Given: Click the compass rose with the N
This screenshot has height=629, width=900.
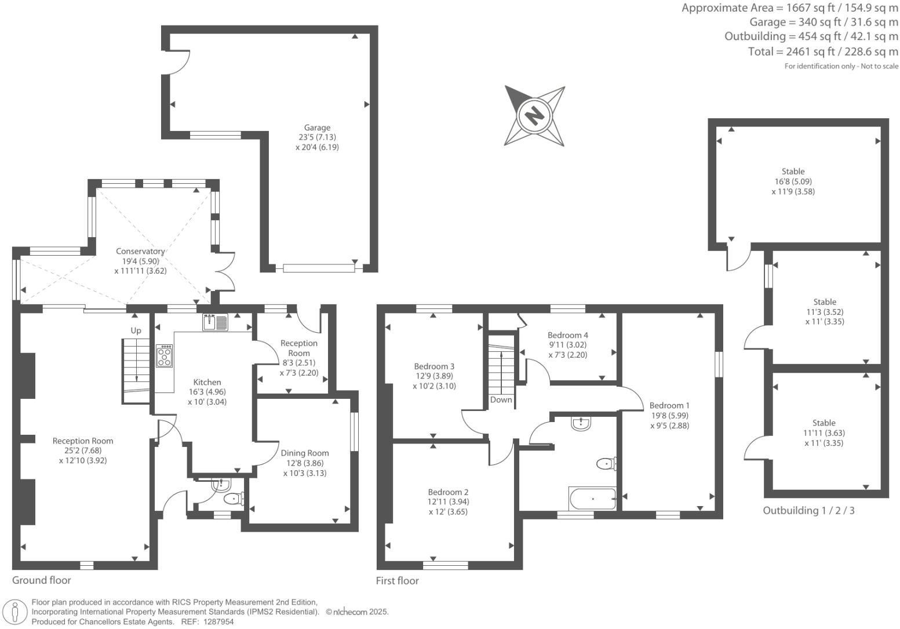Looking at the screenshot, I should [534, 115].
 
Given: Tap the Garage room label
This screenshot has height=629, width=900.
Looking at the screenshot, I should [317, 128].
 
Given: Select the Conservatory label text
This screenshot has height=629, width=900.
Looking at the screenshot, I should [140, 251].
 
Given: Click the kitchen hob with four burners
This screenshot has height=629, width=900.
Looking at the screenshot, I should [165, 356].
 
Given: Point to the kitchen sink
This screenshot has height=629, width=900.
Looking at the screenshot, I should [216, 322].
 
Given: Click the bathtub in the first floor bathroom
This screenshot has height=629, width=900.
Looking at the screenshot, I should [592, 498].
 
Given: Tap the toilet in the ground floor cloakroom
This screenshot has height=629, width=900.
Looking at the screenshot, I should [234, 499].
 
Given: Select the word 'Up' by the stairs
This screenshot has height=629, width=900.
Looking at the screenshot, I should [136, 330].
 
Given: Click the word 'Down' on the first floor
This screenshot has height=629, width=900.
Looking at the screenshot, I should [501, 399].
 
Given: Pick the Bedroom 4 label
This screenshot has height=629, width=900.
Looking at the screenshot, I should [567, 335].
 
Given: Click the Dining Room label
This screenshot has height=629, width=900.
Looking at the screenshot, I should [305, 453].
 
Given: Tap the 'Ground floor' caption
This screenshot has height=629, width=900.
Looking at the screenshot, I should [42, 580].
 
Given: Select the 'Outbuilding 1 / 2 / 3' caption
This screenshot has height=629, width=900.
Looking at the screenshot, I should [808, 510].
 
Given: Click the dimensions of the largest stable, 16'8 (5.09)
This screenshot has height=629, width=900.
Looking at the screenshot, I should [793, 181].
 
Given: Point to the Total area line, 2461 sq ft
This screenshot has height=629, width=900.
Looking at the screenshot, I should [823, 52].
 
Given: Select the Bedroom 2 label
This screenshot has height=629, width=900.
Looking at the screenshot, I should [448, 492].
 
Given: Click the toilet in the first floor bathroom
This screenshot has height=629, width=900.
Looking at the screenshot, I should [607, 463].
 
